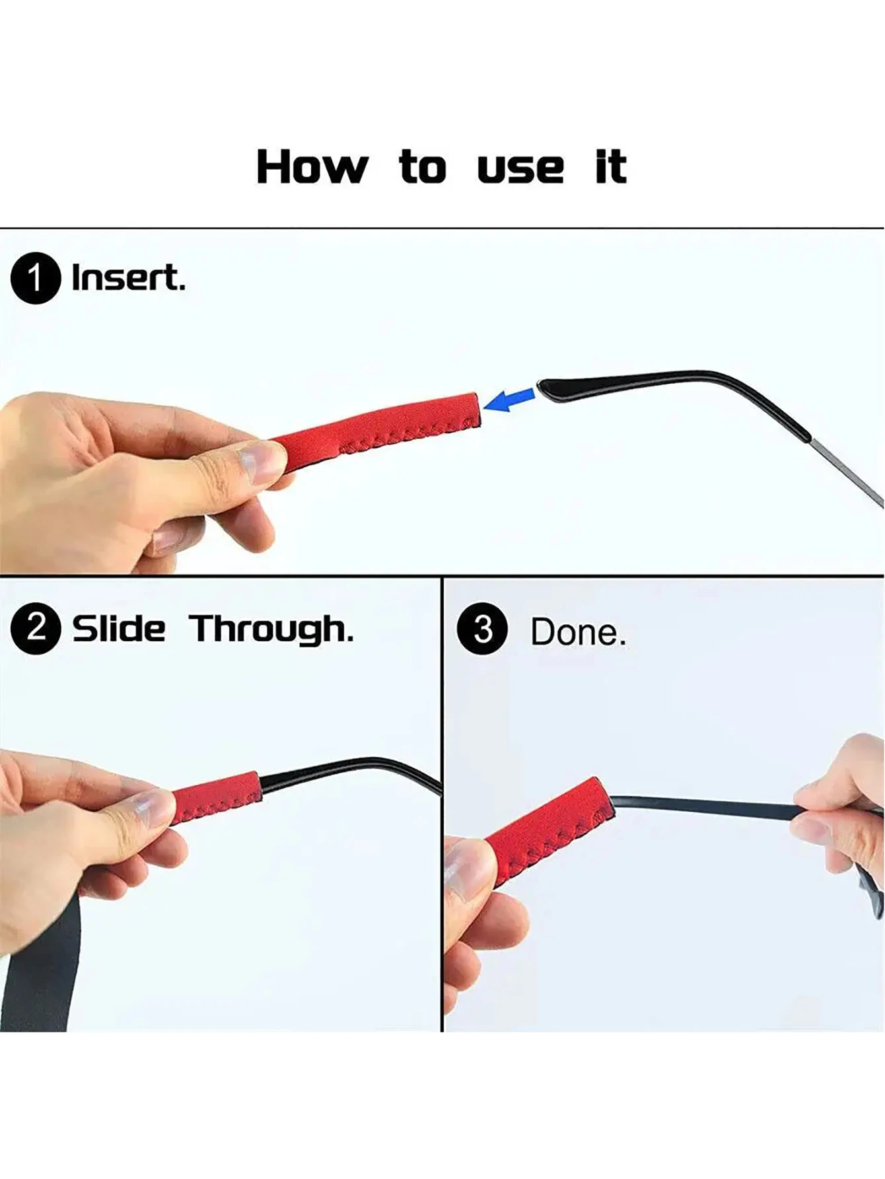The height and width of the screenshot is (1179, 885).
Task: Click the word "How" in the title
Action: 312,166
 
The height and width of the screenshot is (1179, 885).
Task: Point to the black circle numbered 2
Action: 36,628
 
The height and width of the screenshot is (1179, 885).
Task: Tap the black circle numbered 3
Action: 482,629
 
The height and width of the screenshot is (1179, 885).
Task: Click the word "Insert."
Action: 128,278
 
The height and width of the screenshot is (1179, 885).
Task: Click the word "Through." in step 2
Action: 271,629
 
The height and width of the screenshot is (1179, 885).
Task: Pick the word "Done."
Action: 578,632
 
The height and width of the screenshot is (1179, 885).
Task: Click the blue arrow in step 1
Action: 509,400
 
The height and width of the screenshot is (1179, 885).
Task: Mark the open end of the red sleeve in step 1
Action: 476,409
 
